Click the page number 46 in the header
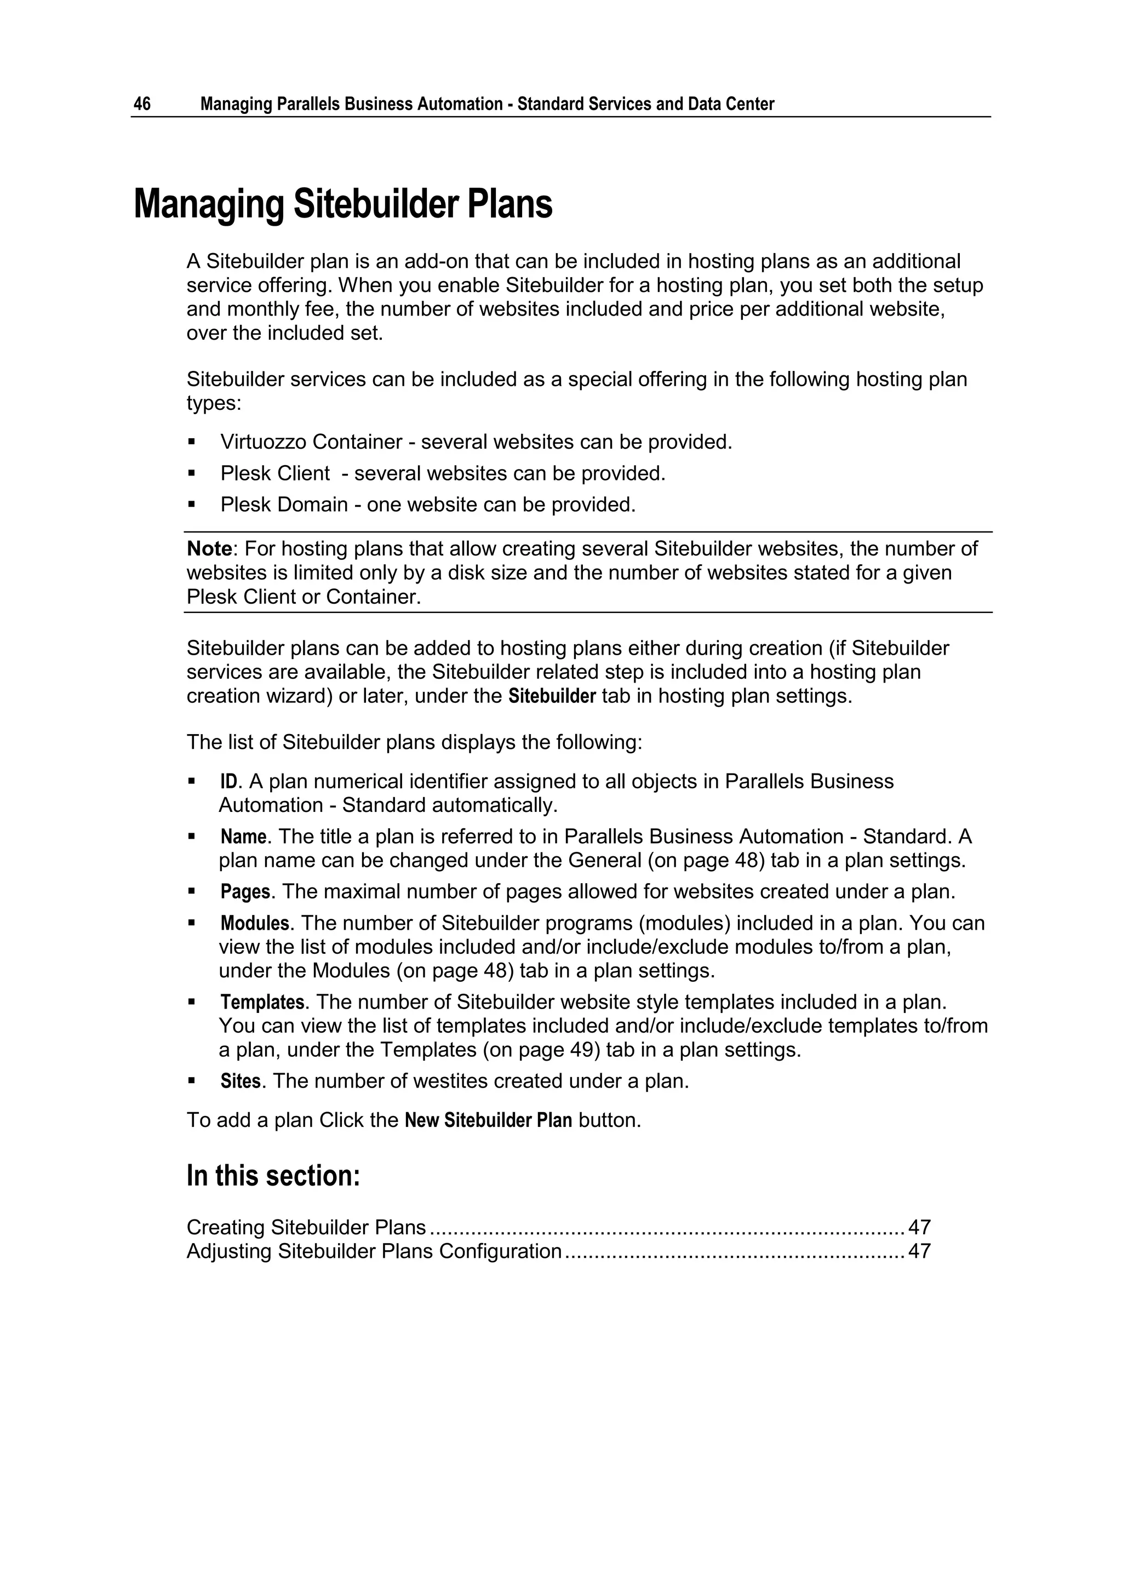(142, 104)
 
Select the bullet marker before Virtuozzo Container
(192, 442)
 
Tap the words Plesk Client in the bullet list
(275, 474)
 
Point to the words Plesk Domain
(284, 505)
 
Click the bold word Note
(209, 549)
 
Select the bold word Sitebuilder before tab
(552, 696)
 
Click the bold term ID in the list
(228, 782)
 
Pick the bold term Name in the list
(243, 837)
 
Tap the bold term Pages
(244, 892)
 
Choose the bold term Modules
(254, 924)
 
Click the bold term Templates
(262, 1003)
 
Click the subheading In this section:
(273, 1176)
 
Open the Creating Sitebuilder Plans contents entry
(306, 1228)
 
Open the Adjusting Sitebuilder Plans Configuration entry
(374, 1252)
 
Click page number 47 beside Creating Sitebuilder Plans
(919, 1228)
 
